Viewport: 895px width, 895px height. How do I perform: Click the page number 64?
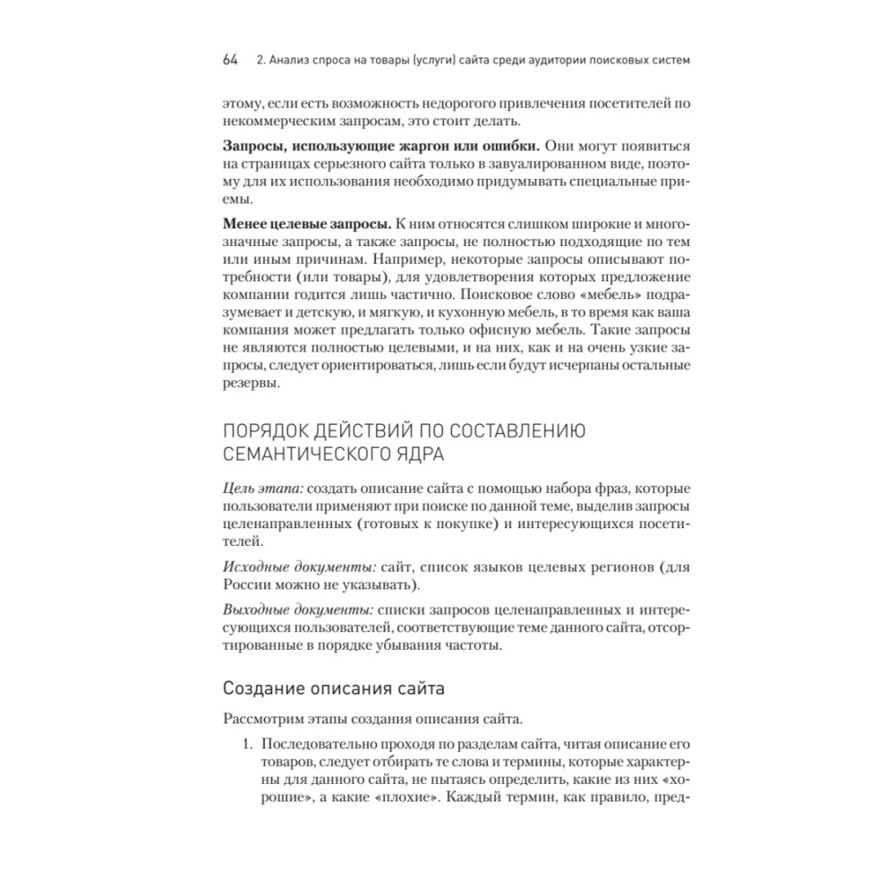pyautogui.click(x=230, y=61)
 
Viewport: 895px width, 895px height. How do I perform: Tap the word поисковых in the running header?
pyautogui.click(x=585, y=61)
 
